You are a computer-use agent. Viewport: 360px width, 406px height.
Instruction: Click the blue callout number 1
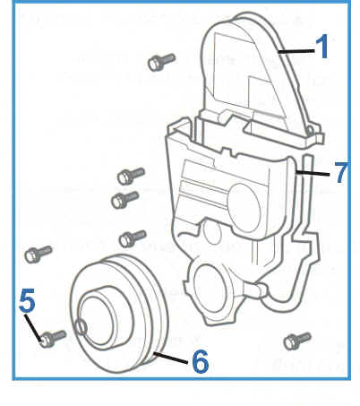click(x=321, y=46)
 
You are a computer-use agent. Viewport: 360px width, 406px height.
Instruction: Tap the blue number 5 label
click(x=27, y=300)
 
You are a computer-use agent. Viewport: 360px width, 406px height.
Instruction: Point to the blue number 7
click(x=341, y=172)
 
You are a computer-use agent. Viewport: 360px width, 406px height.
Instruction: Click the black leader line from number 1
click(x=296, y=52)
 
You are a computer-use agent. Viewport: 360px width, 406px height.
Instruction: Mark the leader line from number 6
click(x=170, y=358)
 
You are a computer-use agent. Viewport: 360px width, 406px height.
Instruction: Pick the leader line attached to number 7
click(x=313, y=173)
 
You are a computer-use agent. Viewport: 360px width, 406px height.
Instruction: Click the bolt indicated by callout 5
click(x=53, y=339)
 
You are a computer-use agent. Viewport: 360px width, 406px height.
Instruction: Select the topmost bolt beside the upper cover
click(x=161, y=62)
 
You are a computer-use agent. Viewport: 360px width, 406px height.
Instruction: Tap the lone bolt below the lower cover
click(x=297, y=341)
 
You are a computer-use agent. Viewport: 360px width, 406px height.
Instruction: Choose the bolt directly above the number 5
click(x=38, y=255)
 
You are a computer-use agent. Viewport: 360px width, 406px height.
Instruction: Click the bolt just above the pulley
click(x=133, y=238)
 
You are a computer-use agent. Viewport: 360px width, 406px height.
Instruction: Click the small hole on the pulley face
click(x=81, y=326)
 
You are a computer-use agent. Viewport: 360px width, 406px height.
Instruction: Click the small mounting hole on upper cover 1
click(x=310, y=130)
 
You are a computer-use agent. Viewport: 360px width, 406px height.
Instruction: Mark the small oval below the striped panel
click(x=212, y=231)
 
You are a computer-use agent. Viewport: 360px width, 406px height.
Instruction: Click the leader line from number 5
click(x=33, y=327)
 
